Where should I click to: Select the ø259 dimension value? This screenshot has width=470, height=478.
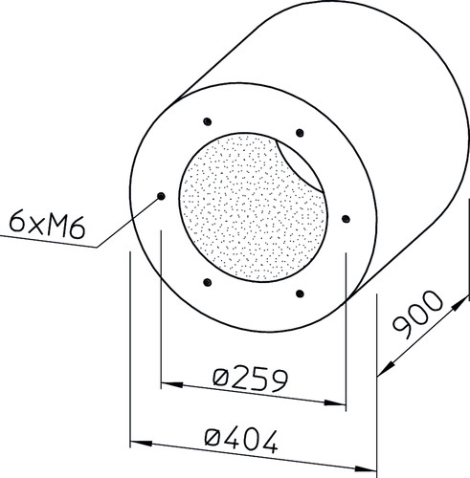tap(251, 380)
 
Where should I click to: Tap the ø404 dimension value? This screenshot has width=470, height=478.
tap(241, 441)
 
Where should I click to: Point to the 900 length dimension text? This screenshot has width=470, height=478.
tap(418, 314)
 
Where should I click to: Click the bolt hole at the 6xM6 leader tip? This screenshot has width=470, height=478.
tap(161, 196)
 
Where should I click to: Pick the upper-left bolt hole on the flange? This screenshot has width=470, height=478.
tap(208, 121)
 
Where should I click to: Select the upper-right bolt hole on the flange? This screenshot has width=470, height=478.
tap(300, 133)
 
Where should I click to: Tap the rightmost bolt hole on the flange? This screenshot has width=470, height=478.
tap(346, 219)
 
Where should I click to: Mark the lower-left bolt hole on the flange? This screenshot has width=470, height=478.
tap(208, 282)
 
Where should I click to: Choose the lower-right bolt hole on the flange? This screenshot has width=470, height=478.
tap(300, 293)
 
